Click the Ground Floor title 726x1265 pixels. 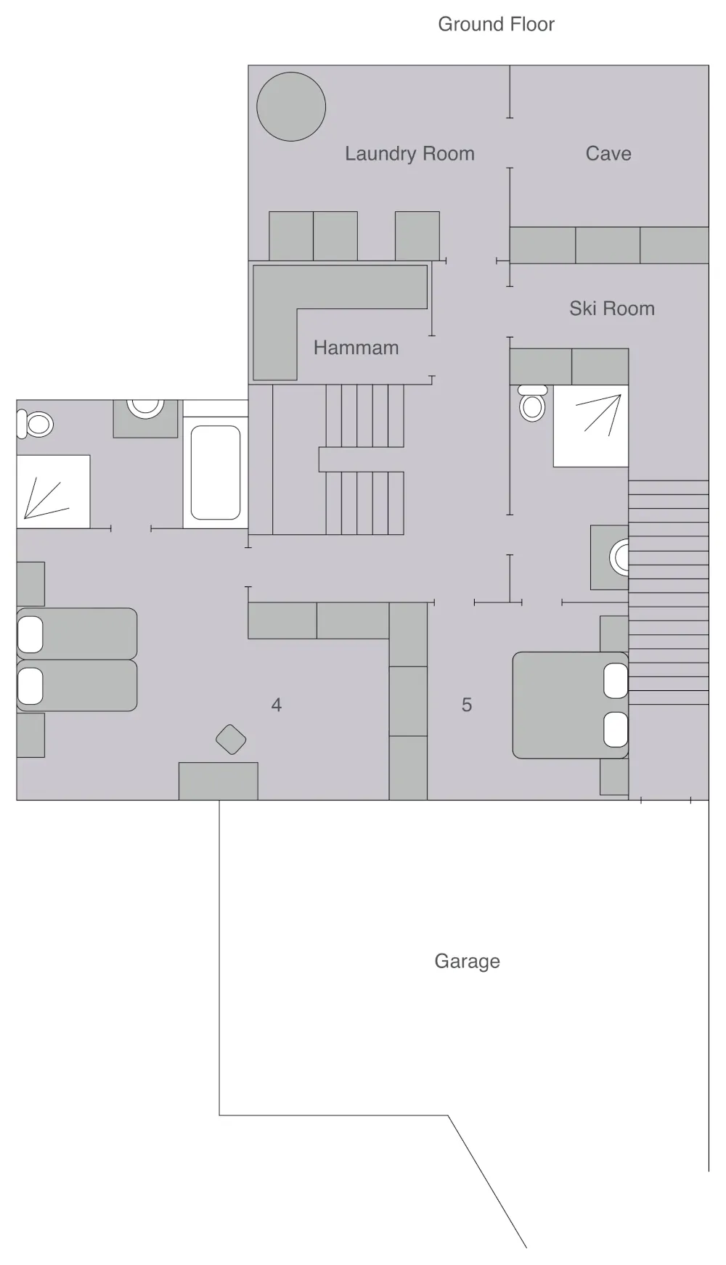pyautogui.click(x=496, y=24)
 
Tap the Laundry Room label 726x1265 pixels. pyautogui.click(x=409, y=154)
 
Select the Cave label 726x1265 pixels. pyautogui.click(x=608, y=154)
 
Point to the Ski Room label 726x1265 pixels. pyautogui.click(x=611, y=308)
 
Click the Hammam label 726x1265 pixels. pyautogui.click(x=356, y=348)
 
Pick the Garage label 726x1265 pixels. pyautogui.click(x=467, y=961)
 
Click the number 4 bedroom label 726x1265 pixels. pyautogui.click(x=277, y=705)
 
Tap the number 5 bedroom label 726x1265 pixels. pyautogui.click(x=467, y=705)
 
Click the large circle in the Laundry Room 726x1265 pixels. pyautogui.click(x=291, y=107)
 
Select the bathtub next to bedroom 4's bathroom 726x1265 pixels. pyautogui.click(x=216, y=472)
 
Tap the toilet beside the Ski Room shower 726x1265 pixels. pyautogui.click(x=533, y=404)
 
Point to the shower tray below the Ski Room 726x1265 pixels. pyautogui.click(x=591, y=426)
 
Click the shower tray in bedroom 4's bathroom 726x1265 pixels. pyautogui.click(x=53, y=491)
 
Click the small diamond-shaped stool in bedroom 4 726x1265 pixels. pyautogui.click(x=231, y=740)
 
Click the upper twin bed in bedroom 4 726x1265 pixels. pyautogui.click(x=77, y=634)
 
